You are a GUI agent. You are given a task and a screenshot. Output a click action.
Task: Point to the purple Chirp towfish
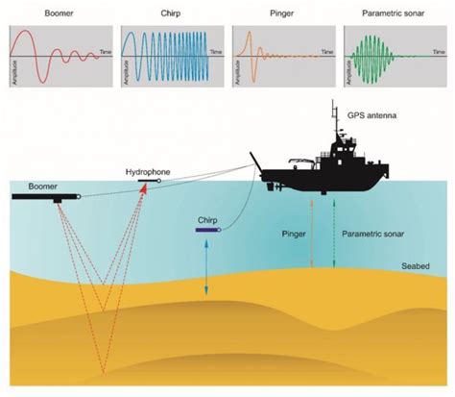(208, 230)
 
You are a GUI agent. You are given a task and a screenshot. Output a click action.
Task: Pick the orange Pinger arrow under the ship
(311, 231)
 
